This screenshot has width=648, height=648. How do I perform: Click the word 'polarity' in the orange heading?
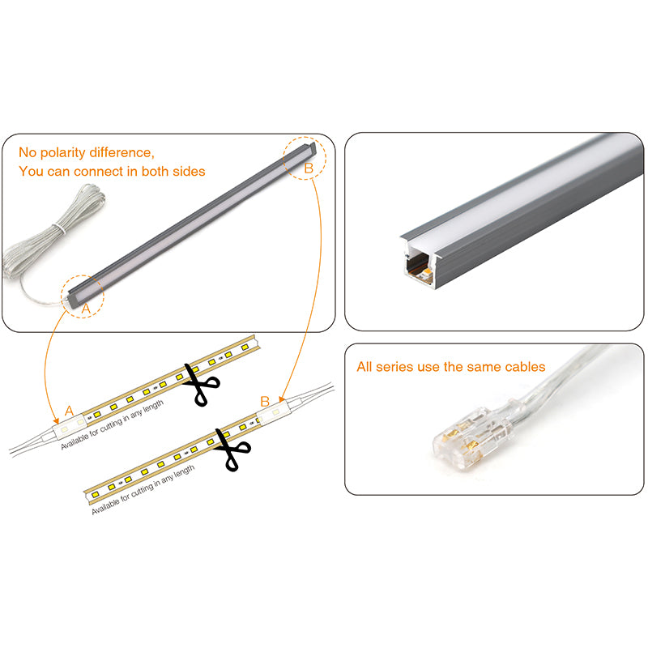pos(63,153)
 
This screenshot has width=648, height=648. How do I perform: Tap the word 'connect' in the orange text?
pos(105,171)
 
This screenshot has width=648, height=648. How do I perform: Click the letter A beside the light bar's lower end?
pos(86,309)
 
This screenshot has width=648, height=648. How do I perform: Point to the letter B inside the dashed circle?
pos(309,168)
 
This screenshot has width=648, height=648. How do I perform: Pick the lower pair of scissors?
pos(232,450)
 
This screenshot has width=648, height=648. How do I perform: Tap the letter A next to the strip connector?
pos(69,411)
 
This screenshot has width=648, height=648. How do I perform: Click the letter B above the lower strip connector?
pos(265,401)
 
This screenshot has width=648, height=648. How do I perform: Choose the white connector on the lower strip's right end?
pos(273,411)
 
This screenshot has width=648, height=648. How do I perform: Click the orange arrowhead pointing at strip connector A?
pos(55,420)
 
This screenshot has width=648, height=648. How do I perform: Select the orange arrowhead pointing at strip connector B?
pos(281,399)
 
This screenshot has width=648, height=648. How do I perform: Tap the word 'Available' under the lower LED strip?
pos(105,505)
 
